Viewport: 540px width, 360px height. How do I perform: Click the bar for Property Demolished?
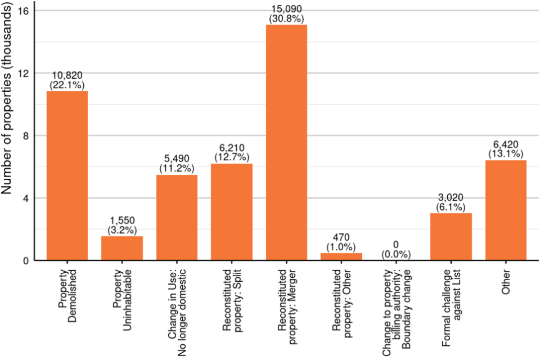[67, 175]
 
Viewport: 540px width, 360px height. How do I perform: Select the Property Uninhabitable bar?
[122, 248]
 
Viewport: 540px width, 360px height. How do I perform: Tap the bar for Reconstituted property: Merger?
[286, 142]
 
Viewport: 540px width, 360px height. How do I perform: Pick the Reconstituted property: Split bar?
[232, 211]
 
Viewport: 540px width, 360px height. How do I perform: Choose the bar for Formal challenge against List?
[451, 236]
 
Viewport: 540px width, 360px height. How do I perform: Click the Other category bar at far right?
[506, 210]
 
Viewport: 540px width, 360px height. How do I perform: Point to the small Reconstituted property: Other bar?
[341, 256]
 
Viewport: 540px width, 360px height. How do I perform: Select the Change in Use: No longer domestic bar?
[177, 217]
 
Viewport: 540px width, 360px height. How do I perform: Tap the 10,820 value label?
[67, 75]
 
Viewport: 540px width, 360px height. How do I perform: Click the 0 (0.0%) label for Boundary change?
[397, 249]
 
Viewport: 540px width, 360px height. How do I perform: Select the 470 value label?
[341, 237]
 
